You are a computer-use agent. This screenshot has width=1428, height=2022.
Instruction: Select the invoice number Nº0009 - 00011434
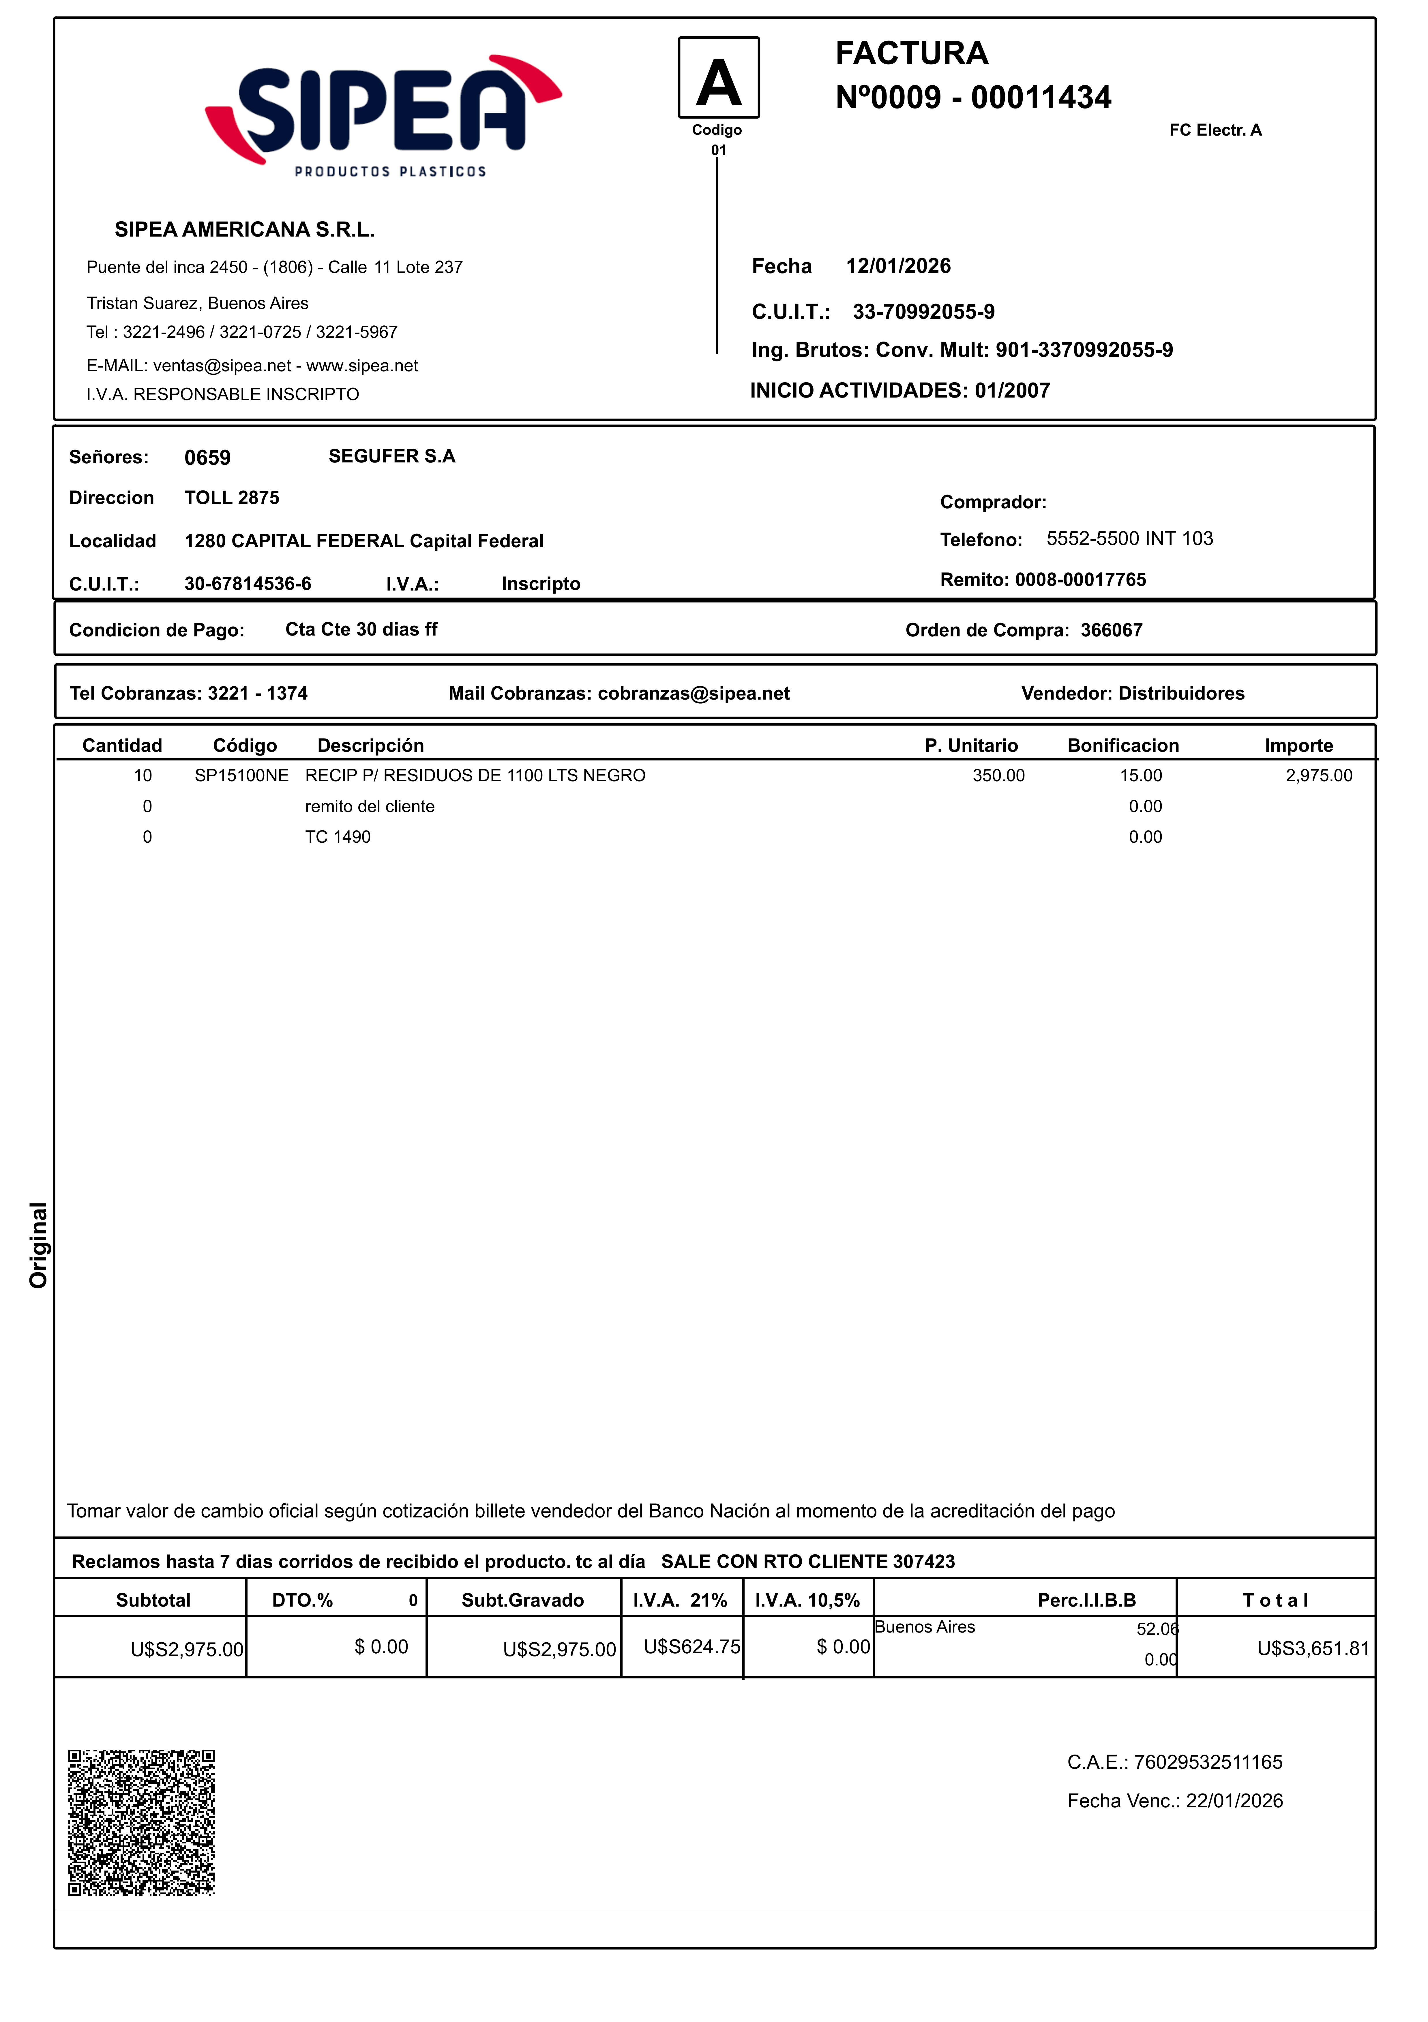973,97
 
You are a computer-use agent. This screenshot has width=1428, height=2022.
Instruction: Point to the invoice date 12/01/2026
898,266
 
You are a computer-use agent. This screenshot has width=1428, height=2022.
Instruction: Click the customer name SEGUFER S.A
392,456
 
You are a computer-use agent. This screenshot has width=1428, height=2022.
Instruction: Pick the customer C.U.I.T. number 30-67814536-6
248,584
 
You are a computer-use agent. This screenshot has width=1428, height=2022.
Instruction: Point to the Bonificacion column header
1122,746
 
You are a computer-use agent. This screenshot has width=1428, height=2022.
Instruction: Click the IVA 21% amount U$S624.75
692,1647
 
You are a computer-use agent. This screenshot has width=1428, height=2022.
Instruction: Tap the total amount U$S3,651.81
1313,1649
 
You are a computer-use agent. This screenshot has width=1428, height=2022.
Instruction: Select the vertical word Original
38,1244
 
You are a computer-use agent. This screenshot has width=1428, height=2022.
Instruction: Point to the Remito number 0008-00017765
1080,580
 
